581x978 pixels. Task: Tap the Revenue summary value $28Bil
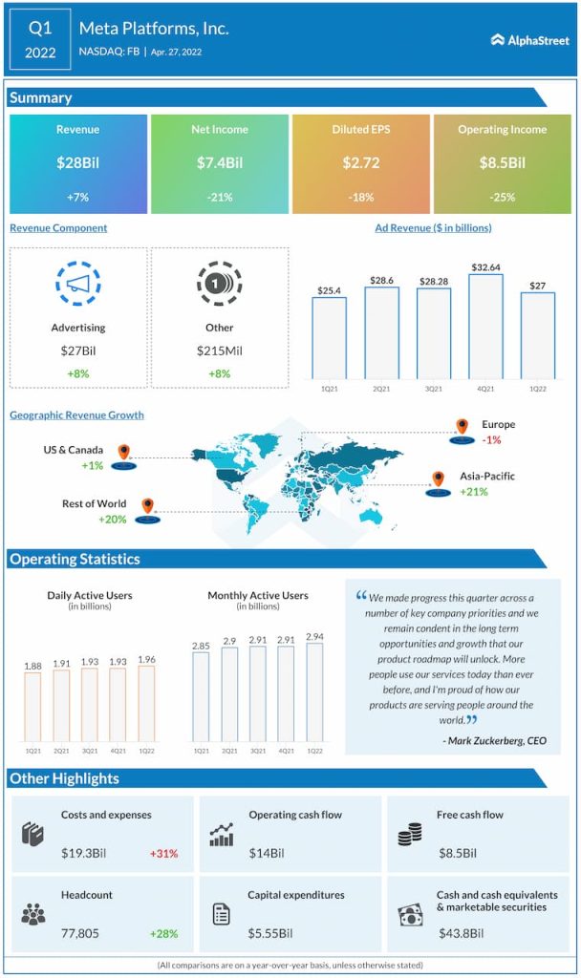click(78, 163)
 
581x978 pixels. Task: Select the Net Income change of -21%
click(220, 196)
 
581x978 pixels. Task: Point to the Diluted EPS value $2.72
click(361, 163)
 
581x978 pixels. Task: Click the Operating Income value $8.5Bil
click(502, 163)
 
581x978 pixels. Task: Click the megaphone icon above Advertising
click(78, 284)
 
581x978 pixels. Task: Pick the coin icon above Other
click(220, 284)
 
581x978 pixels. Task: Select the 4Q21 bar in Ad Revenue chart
click(485, 326)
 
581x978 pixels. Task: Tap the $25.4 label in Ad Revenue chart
click(330, 288)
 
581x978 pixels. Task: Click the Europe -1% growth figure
click(492, 440)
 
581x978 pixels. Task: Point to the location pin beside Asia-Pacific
click(439, 478)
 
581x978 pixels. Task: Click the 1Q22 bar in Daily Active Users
click(146, 703)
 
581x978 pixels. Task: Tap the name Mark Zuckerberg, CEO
click(495, 740)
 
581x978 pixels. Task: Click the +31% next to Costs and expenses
click(163, 853)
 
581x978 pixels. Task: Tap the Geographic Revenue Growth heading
click(76, 415)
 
